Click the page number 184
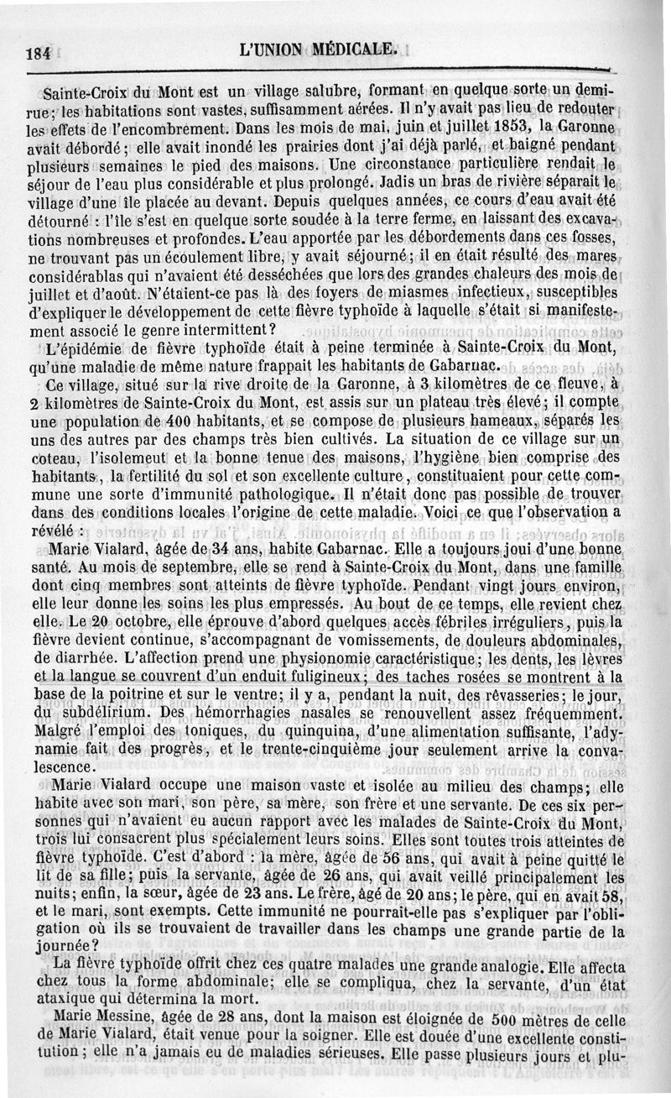tap(39, 51)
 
